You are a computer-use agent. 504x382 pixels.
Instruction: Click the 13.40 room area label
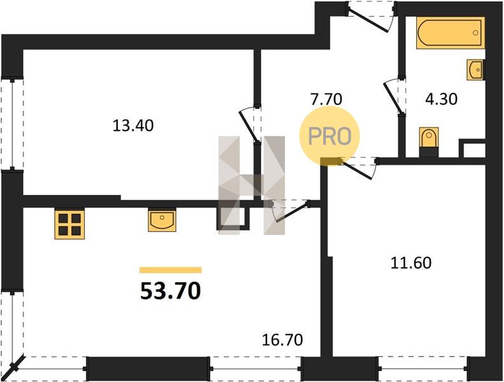tap(133, 125)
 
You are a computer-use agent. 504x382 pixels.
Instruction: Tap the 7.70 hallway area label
tap(326, 99)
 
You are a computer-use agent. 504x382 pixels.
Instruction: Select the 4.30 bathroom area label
tap(441, 99)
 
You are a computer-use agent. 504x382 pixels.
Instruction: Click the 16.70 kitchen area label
tap(283, 340)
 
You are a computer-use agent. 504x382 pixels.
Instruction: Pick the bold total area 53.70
tap(171, 291)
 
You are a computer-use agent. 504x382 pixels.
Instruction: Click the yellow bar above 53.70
tap(171, 270)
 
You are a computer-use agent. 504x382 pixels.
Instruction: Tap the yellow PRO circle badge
tap(330, 136)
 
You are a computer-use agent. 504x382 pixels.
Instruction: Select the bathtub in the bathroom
tap(451, 33)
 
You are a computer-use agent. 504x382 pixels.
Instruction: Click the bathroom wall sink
tap(476, 69)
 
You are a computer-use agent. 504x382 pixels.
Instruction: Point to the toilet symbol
tap(429, 142)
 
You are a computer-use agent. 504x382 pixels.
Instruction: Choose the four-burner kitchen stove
tap(69, 224)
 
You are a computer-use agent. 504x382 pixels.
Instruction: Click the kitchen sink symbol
tap(162, 220)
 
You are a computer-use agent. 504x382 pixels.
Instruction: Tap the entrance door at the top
tap(372, 17)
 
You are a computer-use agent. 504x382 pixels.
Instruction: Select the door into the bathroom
tap(395, 97)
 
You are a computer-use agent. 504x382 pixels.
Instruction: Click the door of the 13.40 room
tap(250, 125)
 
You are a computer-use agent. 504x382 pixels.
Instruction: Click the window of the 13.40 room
tap(12, 124)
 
